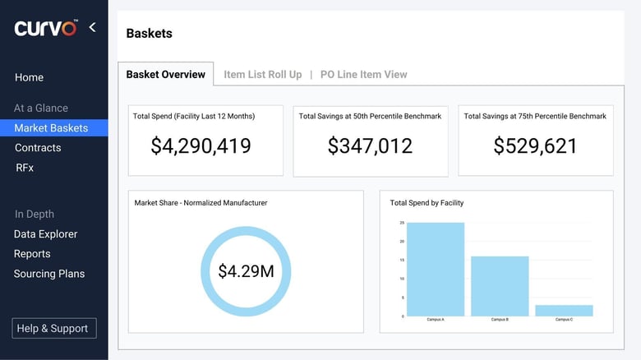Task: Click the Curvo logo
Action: [x=45, y=28]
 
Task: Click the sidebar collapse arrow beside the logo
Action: [x=92, y=27]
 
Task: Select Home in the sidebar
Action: [x=29, y=77]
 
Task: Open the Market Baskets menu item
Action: [x=51, y=127]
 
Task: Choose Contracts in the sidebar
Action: [x=38, y=148]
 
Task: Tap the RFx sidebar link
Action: [x=25, y=168]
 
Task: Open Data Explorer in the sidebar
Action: [x=45, y=234]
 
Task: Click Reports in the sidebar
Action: [x=32, y=254]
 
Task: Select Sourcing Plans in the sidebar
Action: [x=48, y=274]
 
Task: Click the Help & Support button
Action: [x=54, y=328]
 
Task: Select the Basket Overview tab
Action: [x=165, y=74]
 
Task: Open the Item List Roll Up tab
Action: [x=262, y=74]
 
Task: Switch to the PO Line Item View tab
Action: [x=363, y=74]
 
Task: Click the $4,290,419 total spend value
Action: [x=201, y=145]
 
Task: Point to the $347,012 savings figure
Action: [x=370, y=145]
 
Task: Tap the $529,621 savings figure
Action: [x=535, y=145]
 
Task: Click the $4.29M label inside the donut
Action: [x=246, y=270]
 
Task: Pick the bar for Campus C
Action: [x=564, y=310]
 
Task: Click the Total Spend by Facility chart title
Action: [x=427, y=202]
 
